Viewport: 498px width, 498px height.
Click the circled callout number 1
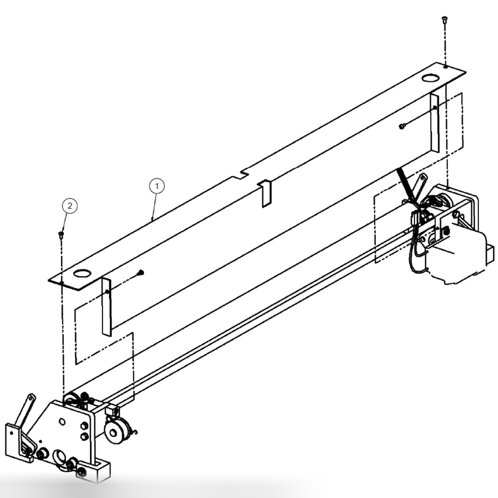point(157,186)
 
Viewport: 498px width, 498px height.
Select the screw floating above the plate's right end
point(444,20)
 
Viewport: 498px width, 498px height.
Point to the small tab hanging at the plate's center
point(264,193)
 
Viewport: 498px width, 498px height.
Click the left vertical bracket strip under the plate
point(107,306)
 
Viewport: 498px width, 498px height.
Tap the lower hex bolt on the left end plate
point(82,436)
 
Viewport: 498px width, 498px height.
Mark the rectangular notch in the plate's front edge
point(240,175)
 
